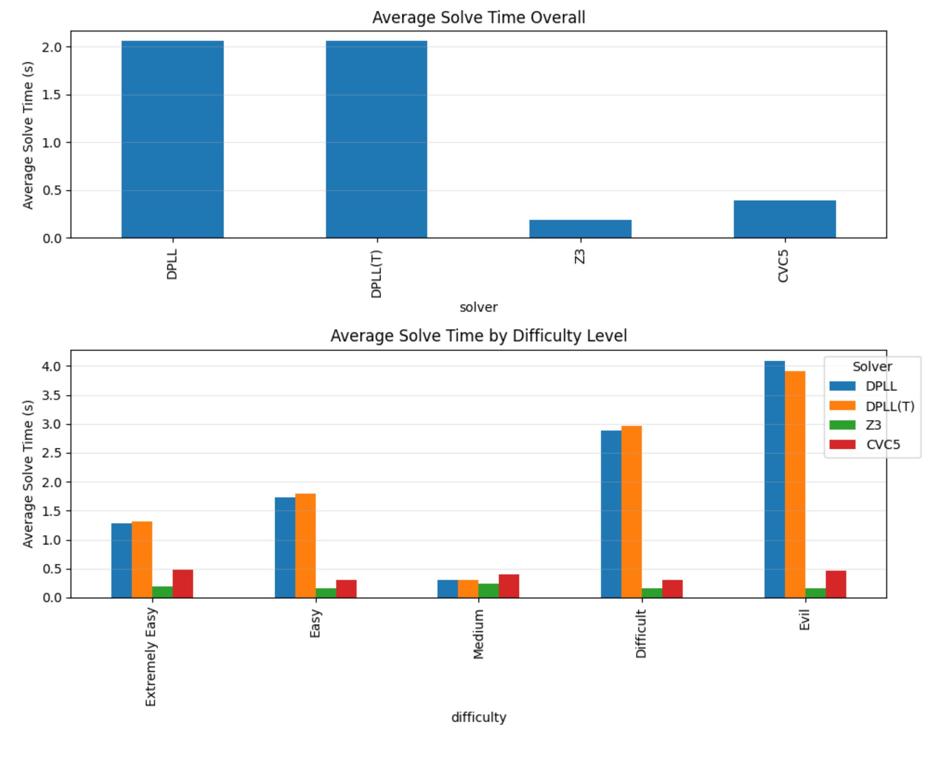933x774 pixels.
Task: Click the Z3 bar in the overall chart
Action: pyautogui.click(x=580, y=229)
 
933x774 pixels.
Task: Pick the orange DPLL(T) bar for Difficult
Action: pyautogui.click(x=631, y=512)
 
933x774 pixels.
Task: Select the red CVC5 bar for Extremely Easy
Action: pyautogui.click(x=183, y=584)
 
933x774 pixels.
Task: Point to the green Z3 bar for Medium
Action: pyautogui.click(x=488, y=590)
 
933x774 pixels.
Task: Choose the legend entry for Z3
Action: pyautogui.click(x=873, y=425)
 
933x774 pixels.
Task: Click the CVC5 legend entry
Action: pyautogui.click(x=883, y=444)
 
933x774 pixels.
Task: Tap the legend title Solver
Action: pyautogui.click(x=872, y=367)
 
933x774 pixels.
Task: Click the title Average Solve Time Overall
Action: pyautogui.click(x=479, y=17)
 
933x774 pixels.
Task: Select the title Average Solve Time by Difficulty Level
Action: pyautogui.click(x=479, y=335)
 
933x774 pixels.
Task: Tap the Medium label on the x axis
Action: pyautogui.click(x=478, y=634)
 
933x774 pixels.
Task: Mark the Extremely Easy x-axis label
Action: pyautogui.click(x=151, y=657)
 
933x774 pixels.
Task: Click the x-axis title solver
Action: pyautogui.click(x=479, y=307)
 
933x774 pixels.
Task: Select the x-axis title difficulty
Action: pyautogui.click(x=479, y=718)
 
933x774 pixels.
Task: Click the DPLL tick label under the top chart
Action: pyautogui.click(x=172, y=264)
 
